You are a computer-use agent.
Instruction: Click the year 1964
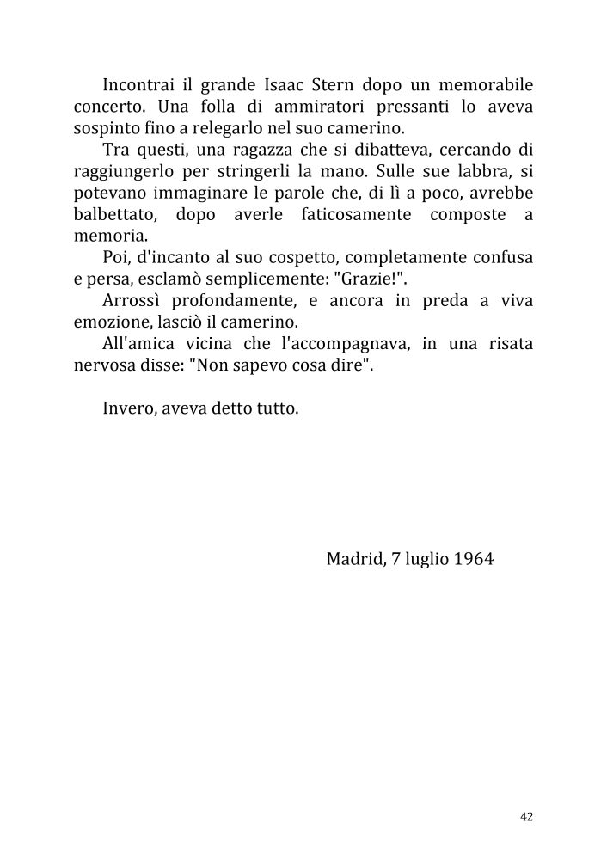(x=472, y=558)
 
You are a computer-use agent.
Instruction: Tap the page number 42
(x=527, y=817)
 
